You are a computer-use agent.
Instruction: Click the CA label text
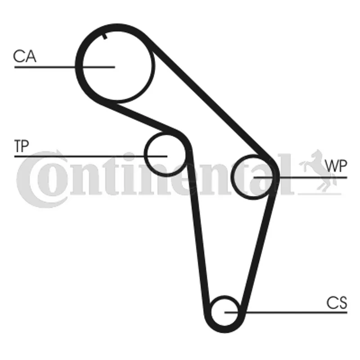(x=25, y=57)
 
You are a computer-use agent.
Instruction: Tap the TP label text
(x=21, y=146)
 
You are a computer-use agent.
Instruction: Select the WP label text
(x=337, y=166)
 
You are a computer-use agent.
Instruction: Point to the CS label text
(x=337, y=303)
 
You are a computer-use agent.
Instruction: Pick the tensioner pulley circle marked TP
(x=165, y=154)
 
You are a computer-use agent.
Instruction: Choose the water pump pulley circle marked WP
(x=253, y=176)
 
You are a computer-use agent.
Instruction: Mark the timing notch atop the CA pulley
(x=105, y=36)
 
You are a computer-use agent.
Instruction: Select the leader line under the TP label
(x=67, y=156)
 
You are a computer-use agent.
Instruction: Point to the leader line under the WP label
(x=315, y=177)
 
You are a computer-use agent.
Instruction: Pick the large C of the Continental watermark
(x=36, y=178)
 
